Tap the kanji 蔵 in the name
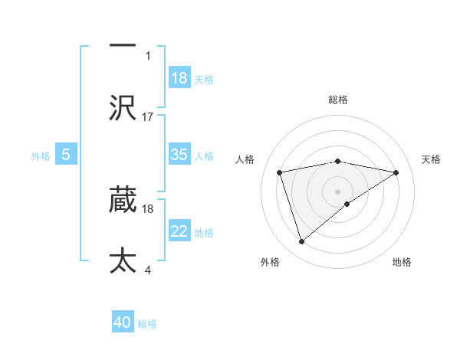123,200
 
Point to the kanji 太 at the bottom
123,260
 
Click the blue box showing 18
179,78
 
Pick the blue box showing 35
179,155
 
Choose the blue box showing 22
179,231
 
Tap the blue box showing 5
66,155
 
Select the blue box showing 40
123,322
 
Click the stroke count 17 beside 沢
148,116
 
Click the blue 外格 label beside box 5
41,155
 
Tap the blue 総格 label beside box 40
147,323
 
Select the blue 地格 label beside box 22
204,232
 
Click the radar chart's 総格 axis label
338,100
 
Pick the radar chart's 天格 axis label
432,159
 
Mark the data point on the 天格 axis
396,172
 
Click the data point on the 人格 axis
280,172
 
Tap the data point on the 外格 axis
301,242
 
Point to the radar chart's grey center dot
338,191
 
